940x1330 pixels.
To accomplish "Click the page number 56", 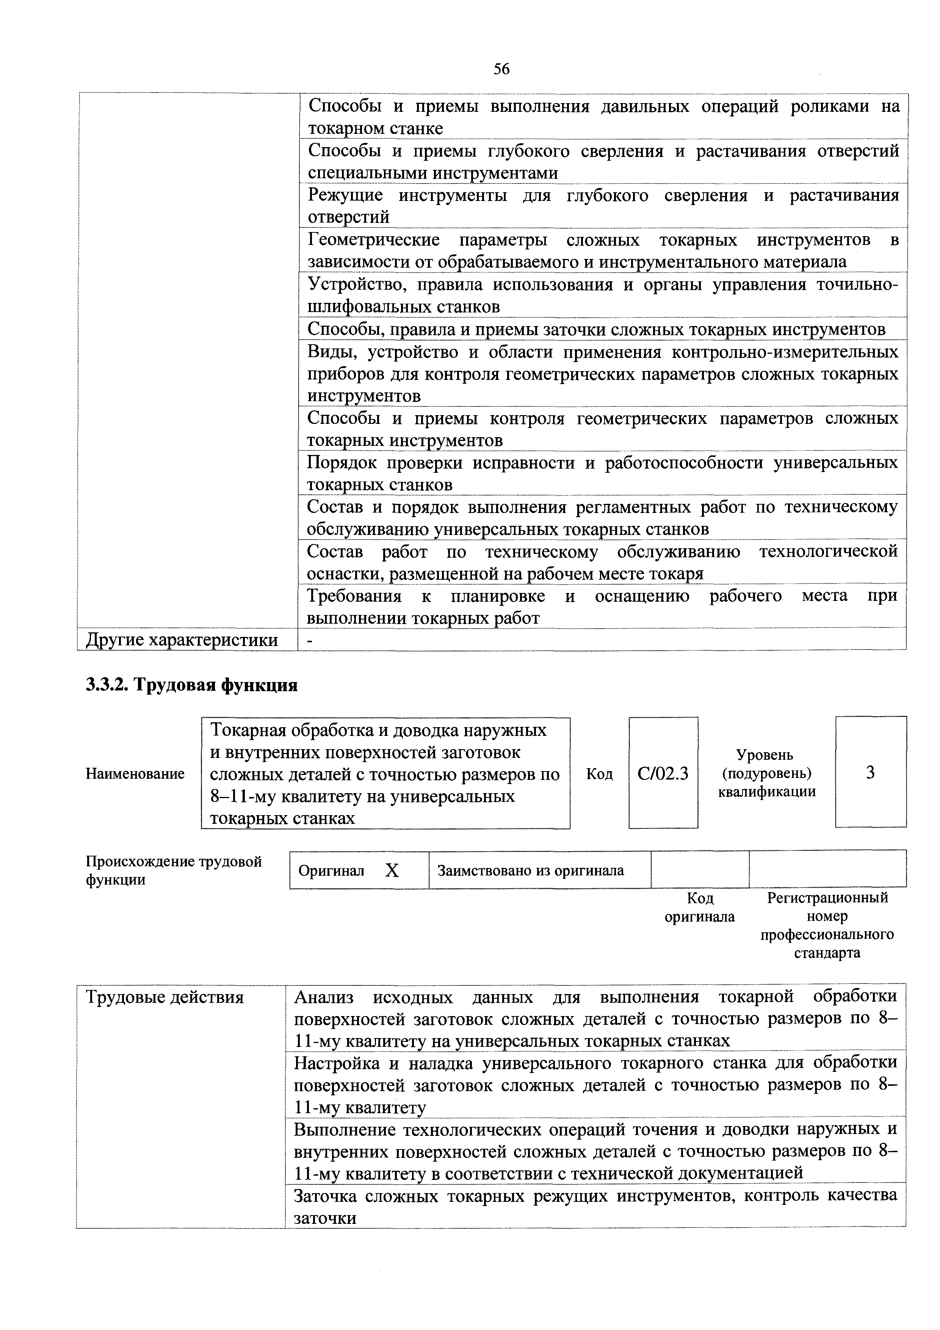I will click(x=501, y=69).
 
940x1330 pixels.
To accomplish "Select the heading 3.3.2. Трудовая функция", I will click(x=192, y=685).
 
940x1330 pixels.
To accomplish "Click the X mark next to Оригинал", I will click(x=392, y=870).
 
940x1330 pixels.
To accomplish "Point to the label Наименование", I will click(x=135, y=774).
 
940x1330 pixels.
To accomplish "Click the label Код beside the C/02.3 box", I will click(x=600, y=774).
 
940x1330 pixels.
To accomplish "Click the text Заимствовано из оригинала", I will click(x=531, y=870).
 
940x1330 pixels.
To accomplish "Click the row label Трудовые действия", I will click(x=165, y=997).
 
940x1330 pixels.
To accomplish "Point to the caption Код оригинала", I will click(x=700, y=907).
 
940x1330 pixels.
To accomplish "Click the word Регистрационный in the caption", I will click(x=827, y=898).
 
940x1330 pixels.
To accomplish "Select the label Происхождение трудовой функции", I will click(x=174, y=870).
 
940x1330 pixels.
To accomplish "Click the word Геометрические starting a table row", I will click(x=374, y=240).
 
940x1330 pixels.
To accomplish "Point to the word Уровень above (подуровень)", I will click(x=765, y=755).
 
